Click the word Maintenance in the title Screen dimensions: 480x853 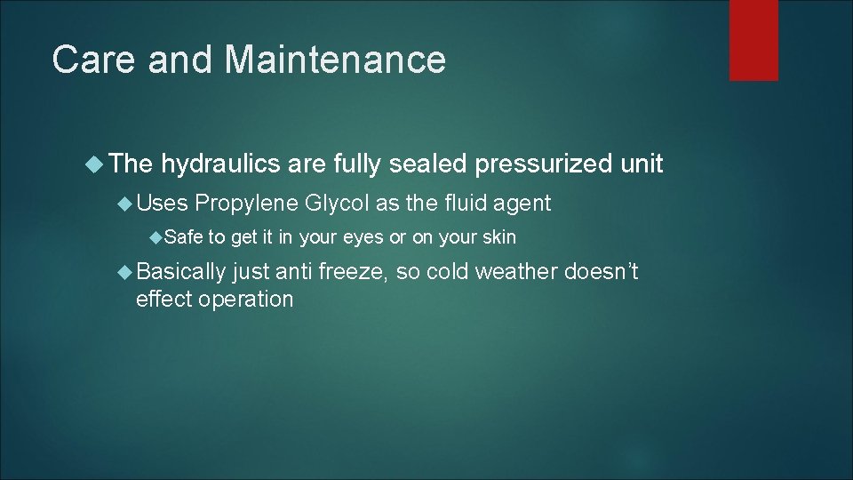[x=335, y=60]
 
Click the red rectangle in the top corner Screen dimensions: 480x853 [x=753, y=39]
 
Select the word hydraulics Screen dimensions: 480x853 [x=219, y=164]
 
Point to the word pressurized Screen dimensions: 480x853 [x=542, y=164]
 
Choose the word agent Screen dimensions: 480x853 [x=522, y=204]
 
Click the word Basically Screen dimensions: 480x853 [x=181, y=272]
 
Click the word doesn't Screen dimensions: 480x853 [x=602, y=272]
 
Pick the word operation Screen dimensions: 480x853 [x=245, y=299]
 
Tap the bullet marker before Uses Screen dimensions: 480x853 [x=124, y=204]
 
